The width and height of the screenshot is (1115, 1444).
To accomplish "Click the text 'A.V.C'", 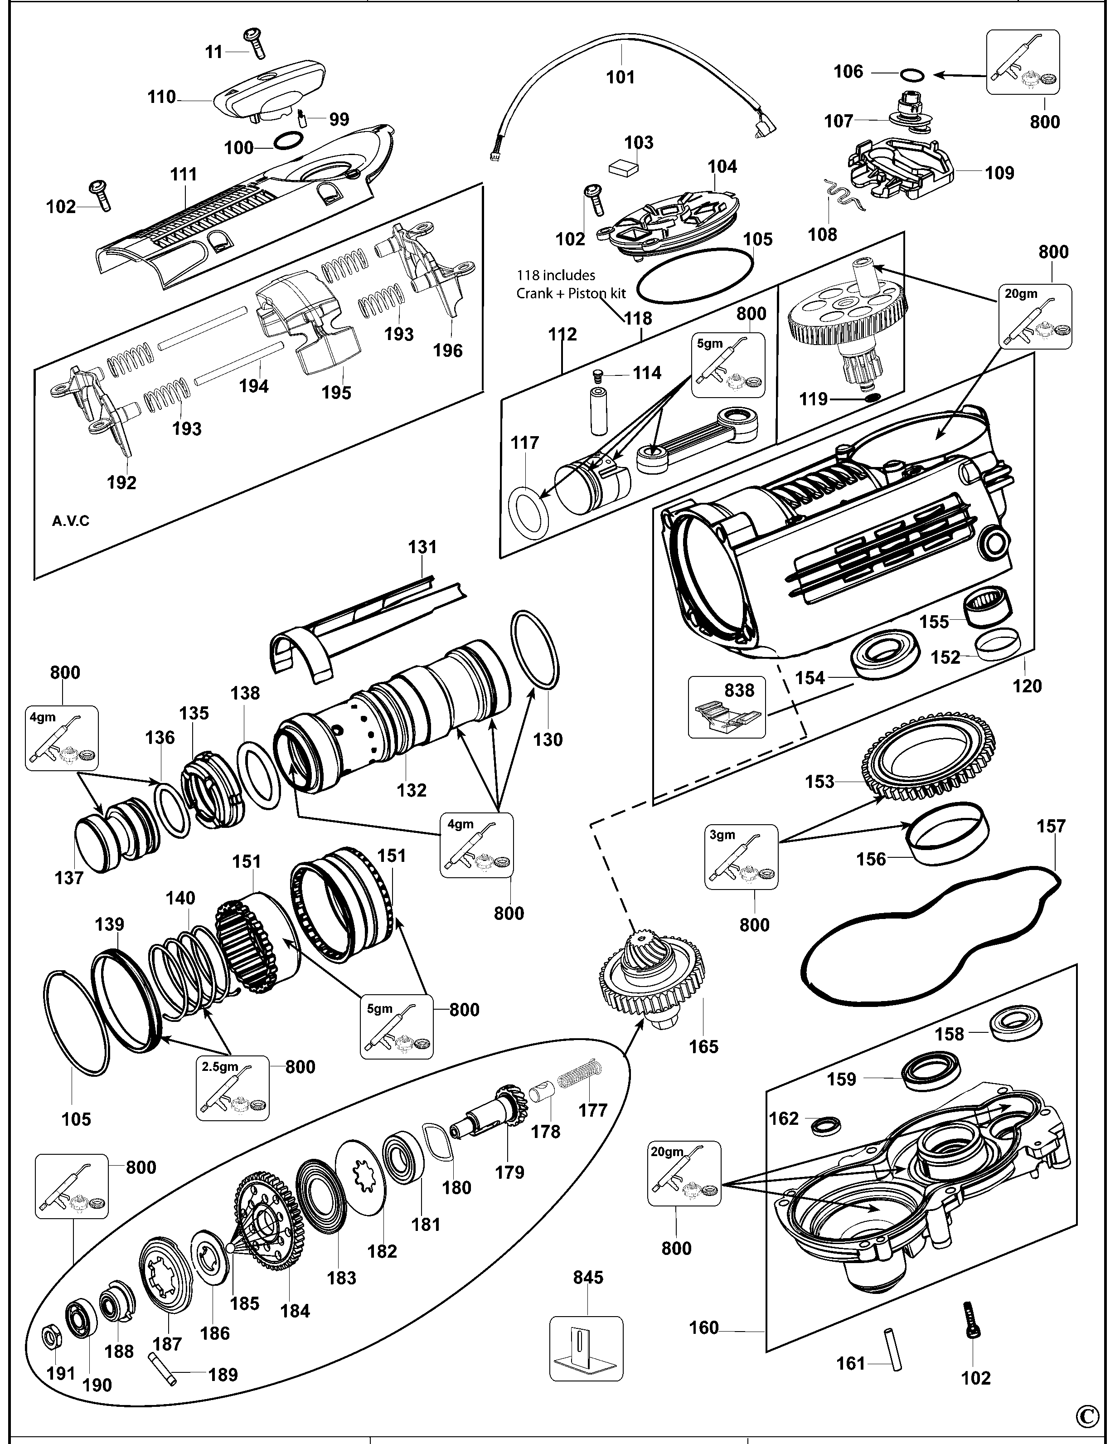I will point(71,521).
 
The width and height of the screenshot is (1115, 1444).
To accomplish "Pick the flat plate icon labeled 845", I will point(586,1349).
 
